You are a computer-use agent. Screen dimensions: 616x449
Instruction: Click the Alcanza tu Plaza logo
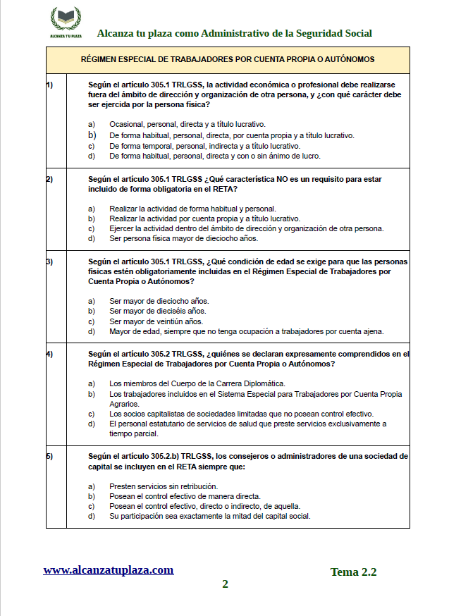tap(66, 23)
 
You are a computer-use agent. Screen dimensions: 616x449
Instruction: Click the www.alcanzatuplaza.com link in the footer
tap(108, 570)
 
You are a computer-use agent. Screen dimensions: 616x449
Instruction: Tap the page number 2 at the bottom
tap(225, 584)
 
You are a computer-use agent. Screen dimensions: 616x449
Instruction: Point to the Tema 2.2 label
tap(353, 572)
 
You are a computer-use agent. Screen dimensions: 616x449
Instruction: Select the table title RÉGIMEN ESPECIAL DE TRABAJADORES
tap(227, 60)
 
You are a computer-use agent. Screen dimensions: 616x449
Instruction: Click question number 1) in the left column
tap(49, 85)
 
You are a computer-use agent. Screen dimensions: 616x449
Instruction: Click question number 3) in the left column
tap(49, 261)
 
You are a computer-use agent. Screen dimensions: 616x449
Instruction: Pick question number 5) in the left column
tap(49, 456)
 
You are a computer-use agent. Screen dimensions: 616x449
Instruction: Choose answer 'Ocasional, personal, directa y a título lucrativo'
tap(187, 124)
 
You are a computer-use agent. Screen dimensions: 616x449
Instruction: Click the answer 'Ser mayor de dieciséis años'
tap(157, 311)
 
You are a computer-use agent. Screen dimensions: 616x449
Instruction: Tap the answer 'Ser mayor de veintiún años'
tap(156, 321)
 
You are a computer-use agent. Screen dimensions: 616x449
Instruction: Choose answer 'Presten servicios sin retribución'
tap(163, 486)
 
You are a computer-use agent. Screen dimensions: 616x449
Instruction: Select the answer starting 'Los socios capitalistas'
tap(241, 414)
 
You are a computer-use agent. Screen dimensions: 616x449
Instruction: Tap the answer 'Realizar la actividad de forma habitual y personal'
tap(192, 209)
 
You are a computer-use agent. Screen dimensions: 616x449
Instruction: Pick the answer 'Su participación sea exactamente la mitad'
tap(209, 516)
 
